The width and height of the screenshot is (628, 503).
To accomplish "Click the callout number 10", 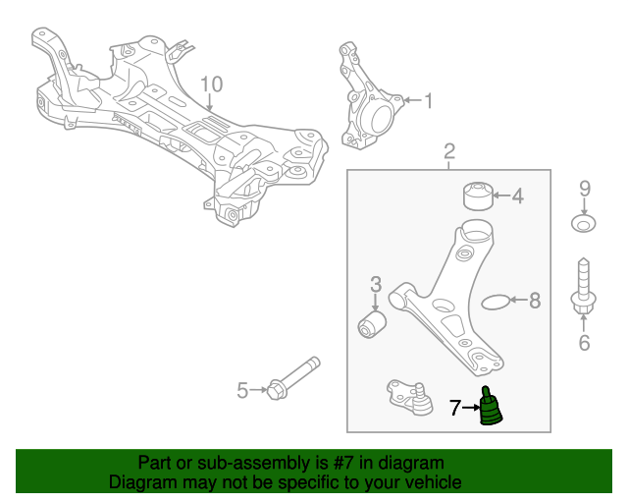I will click(x=212, y=84).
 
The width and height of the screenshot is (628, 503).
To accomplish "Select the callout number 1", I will click(x=428, y=99).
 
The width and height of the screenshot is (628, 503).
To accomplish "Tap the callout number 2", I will click(x=449, y=152).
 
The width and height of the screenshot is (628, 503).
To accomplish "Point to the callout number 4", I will click(x=517, y=196).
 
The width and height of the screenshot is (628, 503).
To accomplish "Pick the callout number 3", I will click(x=375, y=285).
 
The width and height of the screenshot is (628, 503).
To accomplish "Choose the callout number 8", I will click(x=535, y=301).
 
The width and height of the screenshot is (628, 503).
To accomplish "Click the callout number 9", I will click(x=584, y=188).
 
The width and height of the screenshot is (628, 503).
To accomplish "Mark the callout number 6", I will click(x=584, y=343).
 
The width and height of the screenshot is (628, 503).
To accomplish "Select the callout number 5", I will click(x=242, y=391).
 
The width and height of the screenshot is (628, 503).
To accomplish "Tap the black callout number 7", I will click(x=454, y=407).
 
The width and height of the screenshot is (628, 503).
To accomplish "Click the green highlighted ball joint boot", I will click(x=490, y=410).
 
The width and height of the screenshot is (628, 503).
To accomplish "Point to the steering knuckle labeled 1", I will click(x=368, y=103).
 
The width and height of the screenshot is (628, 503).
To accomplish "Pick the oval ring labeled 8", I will click(x=498, y=301).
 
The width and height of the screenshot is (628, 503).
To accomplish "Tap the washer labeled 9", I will click(x=583, y=225).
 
